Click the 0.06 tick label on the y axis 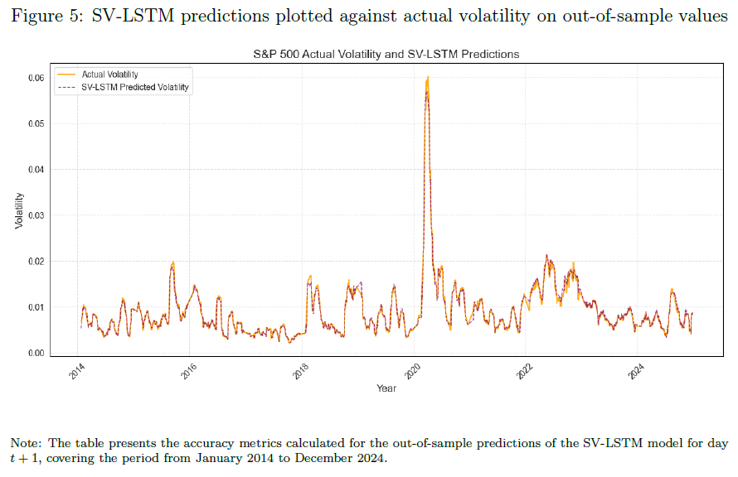(x=36, y=78)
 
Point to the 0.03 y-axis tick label (x=36, y=215)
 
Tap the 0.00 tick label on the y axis (x=36, y=354)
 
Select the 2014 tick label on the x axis (x=77, y=371)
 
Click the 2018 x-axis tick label (x=301, y=371)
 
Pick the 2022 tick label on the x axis (x=524, y=371)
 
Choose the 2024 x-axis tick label (x=636, y=371)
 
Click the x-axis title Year (x=386, y=388)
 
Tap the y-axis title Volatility (x=19, y=210)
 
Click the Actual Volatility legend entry (x=109, y=75)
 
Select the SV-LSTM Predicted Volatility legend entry (x=135, y=87)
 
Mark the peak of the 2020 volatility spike (x=428, y=77)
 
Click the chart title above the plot (x=386, y=54)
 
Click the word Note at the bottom (x=26, y=443)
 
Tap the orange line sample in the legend (x=66, y=75)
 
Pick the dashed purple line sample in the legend (x=66, y=88)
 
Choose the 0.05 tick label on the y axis (x=36, y=124)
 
